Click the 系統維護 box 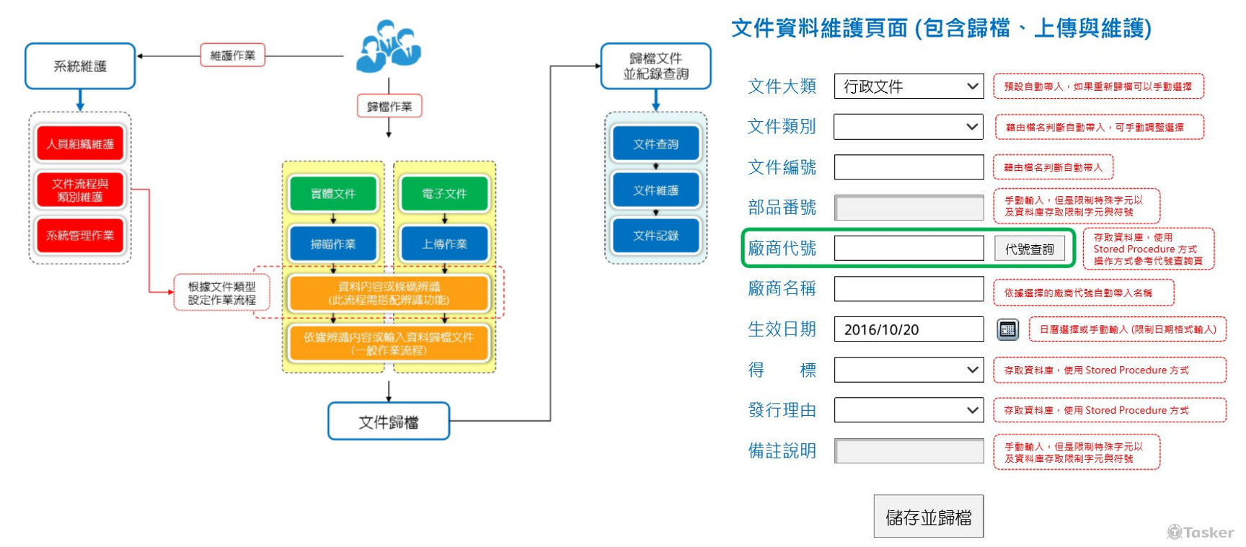[80, 66]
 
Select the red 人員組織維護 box [80, 144]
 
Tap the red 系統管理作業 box [80, 236]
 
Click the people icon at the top [389, 47]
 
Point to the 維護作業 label [232, 55]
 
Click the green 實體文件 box [333, 194]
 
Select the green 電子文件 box [444, 194]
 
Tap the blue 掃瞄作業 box [333, 244]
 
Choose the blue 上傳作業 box [444, 244]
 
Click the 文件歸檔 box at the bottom [389, 422]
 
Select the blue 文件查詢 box [655, 144]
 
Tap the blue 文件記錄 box [655, 236]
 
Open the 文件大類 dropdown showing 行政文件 [909, 86]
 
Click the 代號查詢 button [1029, 249]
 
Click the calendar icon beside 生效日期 [1007, 329]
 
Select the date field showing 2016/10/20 [909, 329]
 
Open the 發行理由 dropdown [909, 410]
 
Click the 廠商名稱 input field [909, 289]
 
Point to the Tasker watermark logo [1201, 533]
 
